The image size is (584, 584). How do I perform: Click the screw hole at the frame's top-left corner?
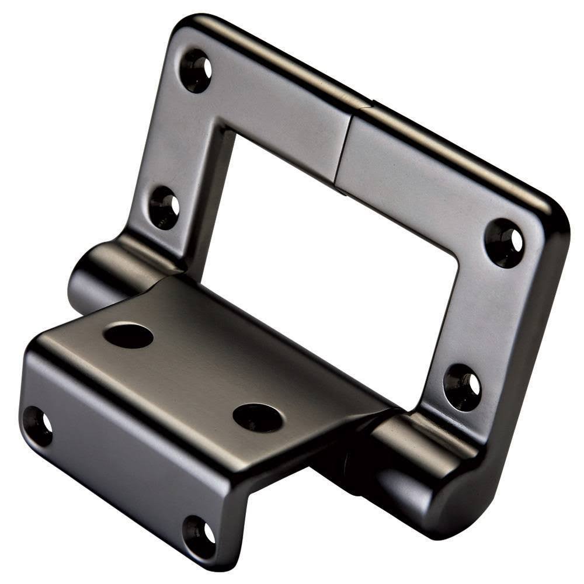coord(195,70)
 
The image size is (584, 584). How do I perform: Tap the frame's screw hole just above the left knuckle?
coord(164,207)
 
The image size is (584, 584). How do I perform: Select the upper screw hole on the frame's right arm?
coord(504,242)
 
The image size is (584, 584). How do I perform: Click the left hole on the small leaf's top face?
coord(128,335)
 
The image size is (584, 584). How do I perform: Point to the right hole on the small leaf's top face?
coord(258,417)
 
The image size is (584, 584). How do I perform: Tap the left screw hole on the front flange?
coord(37,425)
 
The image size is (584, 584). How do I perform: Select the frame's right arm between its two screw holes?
coord(482,315)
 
